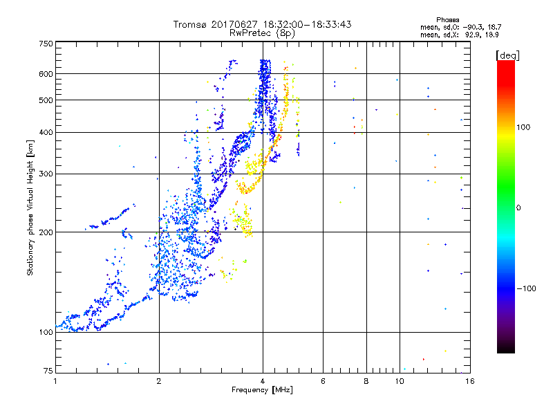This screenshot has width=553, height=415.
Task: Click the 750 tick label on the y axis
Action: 46,44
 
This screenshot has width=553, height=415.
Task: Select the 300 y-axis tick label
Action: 46,174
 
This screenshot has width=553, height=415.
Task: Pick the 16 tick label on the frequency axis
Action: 469,381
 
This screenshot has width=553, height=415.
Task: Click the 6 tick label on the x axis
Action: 324,381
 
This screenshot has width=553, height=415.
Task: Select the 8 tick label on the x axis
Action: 366,381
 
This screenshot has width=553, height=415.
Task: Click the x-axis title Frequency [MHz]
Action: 262,391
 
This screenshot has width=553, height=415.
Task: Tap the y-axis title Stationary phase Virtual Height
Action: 31,207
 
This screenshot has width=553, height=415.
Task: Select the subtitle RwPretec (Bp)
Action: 262,33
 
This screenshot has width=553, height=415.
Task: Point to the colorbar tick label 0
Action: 518,207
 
